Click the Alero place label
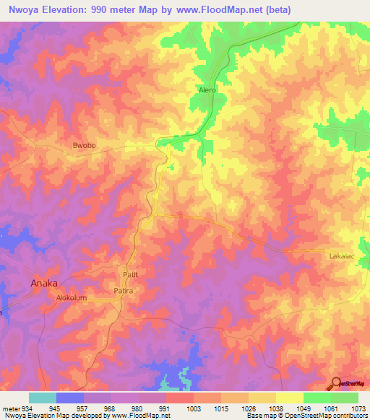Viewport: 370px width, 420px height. click(x=207, y=91)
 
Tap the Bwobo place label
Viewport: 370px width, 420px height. click(x=85, y=146)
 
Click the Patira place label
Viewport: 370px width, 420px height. click(x=124, y=290)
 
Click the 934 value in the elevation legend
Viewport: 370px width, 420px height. click(x=22, y=408)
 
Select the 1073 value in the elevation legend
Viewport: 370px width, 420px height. click(x=358, y=408)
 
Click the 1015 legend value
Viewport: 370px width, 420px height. click(x=221, y=408)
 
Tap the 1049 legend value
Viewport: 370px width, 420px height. click(x=304, y=408)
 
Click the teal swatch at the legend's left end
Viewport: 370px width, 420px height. click(x=43, y=398)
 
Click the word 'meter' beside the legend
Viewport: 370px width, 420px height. click(x=9, y=408)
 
